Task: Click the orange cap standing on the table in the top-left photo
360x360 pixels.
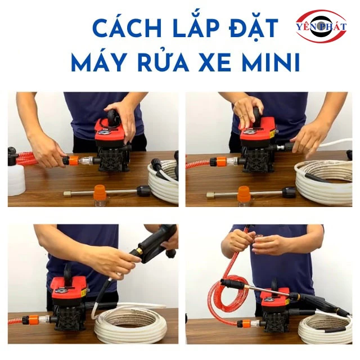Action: click(100, 192)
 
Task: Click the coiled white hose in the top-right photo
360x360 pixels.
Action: click(324, 180)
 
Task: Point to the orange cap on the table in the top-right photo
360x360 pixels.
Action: click(244, 193)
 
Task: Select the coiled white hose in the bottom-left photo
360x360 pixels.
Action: click(130, 322)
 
